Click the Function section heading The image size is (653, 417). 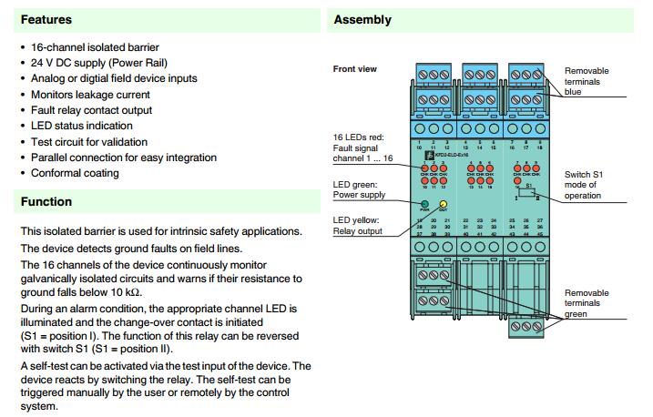point(46,201)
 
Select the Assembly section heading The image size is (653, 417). point(362,19)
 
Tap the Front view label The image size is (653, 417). point(355,69)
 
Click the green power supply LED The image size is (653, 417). point(425,203)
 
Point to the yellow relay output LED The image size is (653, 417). point(443,203)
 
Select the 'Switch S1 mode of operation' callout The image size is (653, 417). point(588,184)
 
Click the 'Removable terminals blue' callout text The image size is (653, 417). point(587,81)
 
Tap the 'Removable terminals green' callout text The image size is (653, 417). point(587,302)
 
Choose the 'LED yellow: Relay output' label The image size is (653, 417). point(359,225)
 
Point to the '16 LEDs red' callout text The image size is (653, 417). point(362,147)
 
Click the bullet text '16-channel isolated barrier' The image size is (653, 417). point(95,47)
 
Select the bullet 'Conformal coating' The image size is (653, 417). point(76,173)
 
